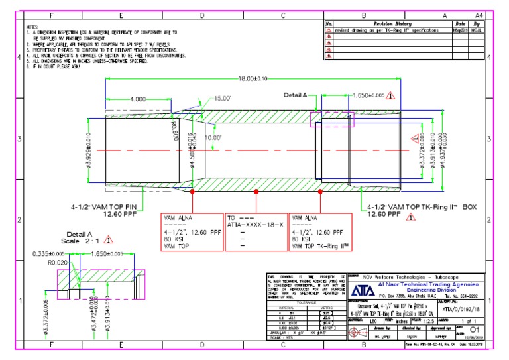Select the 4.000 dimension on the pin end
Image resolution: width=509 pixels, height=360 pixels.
coord(139,99)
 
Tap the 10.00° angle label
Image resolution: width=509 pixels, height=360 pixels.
coord(213,137)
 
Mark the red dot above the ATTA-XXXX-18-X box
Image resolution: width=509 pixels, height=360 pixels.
coord(255,192)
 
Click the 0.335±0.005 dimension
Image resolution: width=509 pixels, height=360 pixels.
coord(50,253)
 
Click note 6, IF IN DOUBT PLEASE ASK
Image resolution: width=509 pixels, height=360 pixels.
coord(54,67)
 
